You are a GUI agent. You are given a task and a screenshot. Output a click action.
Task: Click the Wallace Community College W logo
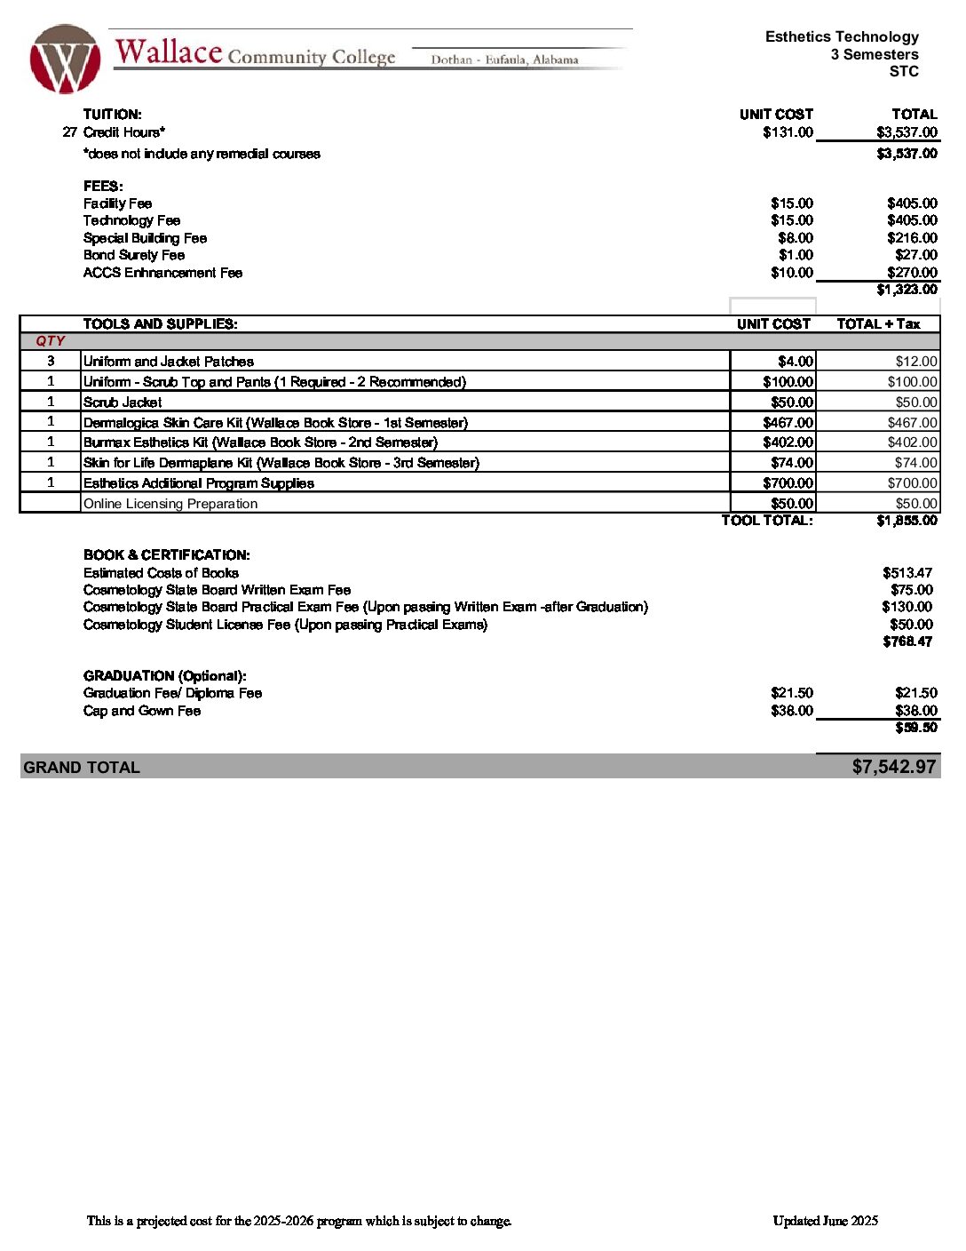pyautogui.click(x=65, y=60)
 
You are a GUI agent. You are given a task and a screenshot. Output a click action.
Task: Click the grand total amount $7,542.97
pyautogui.click(x=893, y=767)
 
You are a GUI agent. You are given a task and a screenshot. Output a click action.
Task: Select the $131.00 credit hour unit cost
pyautogui.click(x=788, y=132)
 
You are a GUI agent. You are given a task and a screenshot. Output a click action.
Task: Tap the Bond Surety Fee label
pyautogui.click(x=134, y=255)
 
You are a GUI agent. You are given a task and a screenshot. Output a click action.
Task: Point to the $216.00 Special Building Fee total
pyautogui.click(x=912, y=238)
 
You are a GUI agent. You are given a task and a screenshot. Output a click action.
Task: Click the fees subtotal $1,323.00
pyautogui.click(x=907, y=290)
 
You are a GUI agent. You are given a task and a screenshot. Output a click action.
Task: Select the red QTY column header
pyautogui.click(x=51, y=341)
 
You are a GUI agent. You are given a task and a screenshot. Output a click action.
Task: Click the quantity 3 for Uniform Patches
pyautogui.click(x=51, y=361)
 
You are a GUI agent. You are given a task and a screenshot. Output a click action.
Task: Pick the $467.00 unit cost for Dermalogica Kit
pyautogui.click(x=788, y=423)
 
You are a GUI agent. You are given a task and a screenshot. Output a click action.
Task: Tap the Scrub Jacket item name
pyautogui.click(x=123, y=402)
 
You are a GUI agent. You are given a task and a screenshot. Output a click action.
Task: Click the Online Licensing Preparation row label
pyautogui.click(x=170, y=504)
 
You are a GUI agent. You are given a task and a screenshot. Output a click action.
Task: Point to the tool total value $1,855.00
pyautogui.click(x=907, y=521)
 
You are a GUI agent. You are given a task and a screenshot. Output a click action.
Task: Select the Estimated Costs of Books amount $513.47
pyautogui.click(x=907, y=573)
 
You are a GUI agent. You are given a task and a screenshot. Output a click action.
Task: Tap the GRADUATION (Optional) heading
pyautogui.click(x=165, y=676)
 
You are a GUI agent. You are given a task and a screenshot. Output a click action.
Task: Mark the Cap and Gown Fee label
pyautogui.click(x=142, y=711)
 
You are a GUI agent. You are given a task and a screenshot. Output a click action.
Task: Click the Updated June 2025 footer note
pyautogui.click(x=825, y=1221)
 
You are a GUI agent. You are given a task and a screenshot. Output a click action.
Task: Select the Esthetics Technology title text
pyautogui.click(x=842, y=37)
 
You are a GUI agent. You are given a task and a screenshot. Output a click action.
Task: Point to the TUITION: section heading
pyautogui.click(x=113, y=115)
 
